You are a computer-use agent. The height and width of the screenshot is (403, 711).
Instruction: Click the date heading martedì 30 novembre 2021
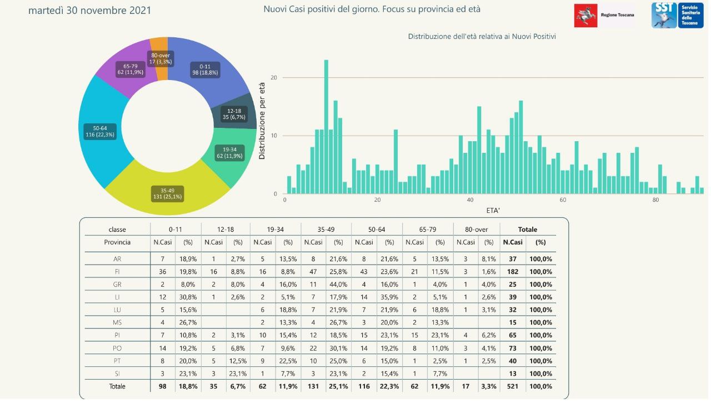pos(89,11)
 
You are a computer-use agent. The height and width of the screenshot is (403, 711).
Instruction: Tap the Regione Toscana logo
pos(604,15)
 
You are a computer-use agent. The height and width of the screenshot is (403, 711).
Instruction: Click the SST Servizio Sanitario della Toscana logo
pos(677,15)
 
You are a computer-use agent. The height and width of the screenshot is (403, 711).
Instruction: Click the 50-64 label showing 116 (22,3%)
pos(97,131)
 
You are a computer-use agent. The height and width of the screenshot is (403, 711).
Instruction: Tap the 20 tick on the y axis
pos(273,78)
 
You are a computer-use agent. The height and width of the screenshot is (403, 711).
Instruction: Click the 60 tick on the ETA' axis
pos(563,200)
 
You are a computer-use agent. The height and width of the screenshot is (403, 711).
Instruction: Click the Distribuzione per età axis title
pos(262,121)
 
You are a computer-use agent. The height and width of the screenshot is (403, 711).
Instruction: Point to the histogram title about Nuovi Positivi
pos(482,37)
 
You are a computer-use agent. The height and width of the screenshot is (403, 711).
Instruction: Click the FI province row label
pos(117,272)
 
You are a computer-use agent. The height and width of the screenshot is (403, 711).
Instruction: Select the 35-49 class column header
pos(326,230)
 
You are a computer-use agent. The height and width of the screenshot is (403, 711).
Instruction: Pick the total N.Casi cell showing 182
pos(513,272)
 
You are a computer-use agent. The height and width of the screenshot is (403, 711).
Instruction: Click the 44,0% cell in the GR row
pos(339,284)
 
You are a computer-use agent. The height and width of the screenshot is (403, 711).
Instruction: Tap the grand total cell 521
pos(513,386)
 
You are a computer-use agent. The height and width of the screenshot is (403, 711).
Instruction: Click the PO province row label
pos(117,348)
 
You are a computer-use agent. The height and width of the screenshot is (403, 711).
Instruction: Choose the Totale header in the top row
pos(527,230)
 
